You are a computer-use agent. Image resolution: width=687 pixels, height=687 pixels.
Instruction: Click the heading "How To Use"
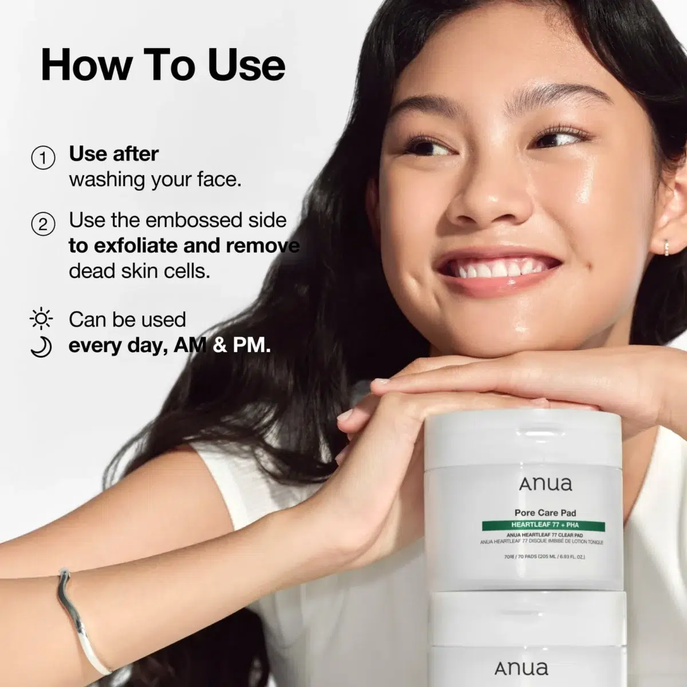163,65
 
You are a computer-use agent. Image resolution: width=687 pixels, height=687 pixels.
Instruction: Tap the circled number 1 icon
43,157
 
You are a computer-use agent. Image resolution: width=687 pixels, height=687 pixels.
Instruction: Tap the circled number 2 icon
43,224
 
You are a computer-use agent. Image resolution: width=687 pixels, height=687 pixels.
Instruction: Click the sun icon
41,319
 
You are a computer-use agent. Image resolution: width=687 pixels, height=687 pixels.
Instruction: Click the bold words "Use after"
114,153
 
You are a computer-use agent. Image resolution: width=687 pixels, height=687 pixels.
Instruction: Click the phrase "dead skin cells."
140,271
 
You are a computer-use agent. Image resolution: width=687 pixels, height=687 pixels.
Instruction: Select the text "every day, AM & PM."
169,346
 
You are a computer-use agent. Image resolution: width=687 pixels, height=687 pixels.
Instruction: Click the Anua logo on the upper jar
545,484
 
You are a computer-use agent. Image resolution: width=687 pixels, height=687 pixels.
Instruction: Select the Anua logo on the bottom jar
521,668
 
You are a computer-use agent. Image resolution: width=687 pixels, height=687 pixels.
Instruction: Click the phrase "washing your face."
155,179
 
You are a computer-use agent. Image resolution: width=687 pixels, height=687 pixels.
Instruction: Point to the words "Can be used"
127,319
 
